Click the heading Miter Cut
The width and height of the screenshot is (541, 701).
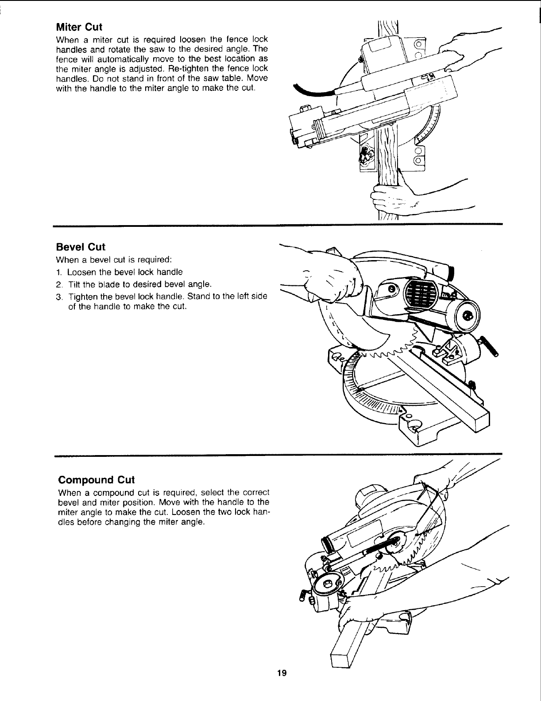79,27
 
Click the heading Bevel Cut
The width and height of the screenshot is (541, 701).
81,247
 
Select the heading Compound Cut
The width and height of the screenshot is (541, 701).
96,480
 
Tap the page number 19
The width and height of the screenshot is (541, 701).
282,686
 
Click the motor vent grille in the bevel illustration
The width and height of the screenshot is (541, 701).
420,292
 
